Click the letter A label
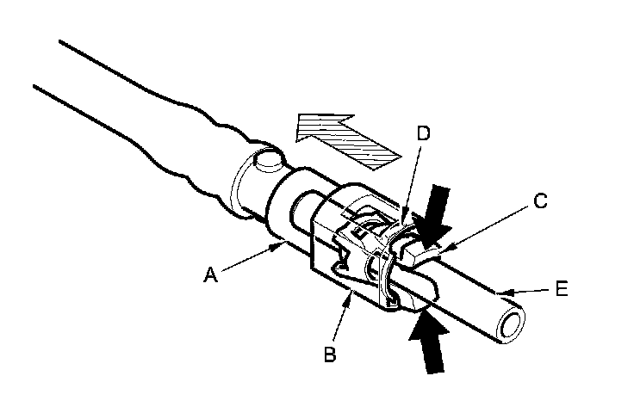pyautogui.click(x=211, y=274)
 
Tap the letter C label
pyautogui.click(x=540, y=201)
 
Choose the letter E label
pyautogui.click(x=562, y=292)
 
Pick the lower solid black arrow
pyautogui.click(x=432, y=343)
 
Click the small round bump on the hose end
pyautogui.click(x=266, y=161)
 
